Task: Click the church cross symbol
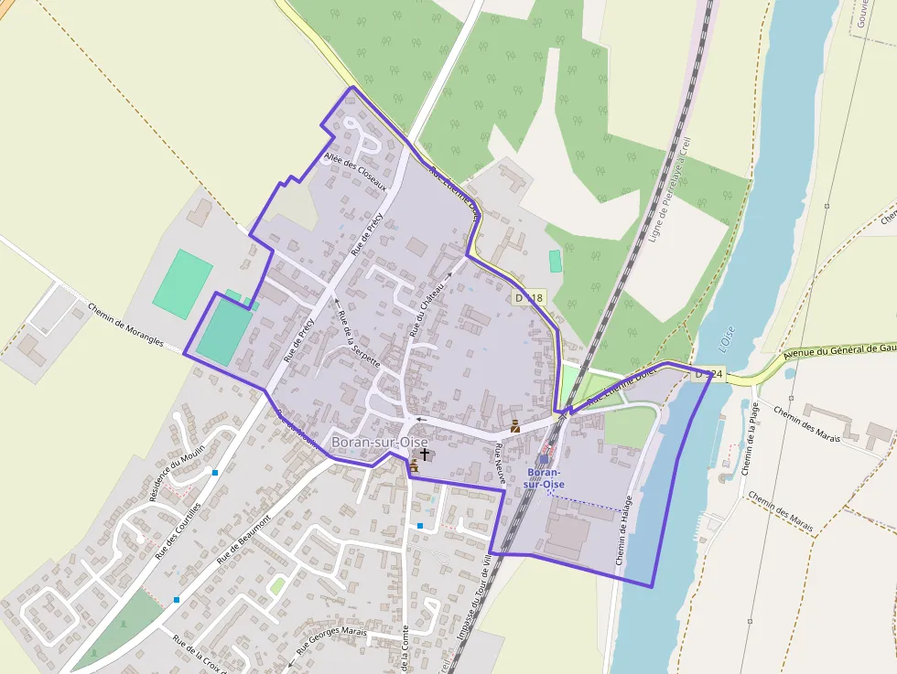tap(424, 454)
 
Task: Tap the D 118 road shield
tap(529, 298)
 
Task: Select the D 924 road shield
tap(708, 374)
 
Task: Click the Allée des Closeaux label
tap(362, 172)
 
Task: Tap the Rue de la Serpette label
tap(358, 338)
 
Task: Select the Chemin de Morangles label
tap(125, 325)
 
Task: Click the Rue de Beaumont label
tap(243, 539)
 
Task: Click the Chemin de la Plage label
tap(750, 439)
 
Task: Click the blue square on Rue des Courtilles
tap(215, 473)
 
